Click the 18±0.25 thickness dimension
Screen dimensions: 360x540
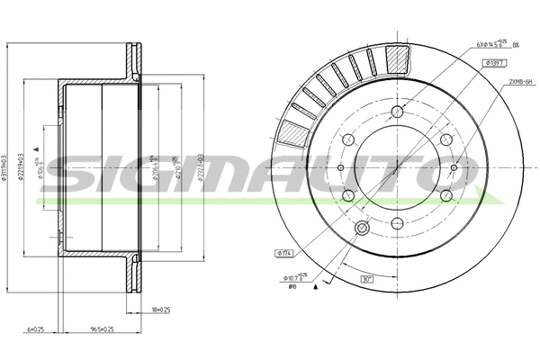click(161, 310)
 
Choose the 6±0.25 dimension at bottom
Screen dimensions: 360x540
click(35, 329)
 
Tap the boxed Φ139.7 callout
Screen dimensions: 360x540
click(497, 63)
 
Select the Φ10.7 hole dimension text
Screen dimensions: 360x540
click(293, 276)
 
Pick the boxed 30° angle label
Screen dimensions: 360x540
click(368, 280)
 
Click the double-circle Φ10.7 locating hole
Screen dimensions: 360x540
click(363, 229)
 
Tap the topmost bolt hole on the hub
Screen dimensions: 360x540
click(397, 113)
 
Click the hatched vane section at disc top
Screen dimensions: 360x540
click(397, 58)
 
